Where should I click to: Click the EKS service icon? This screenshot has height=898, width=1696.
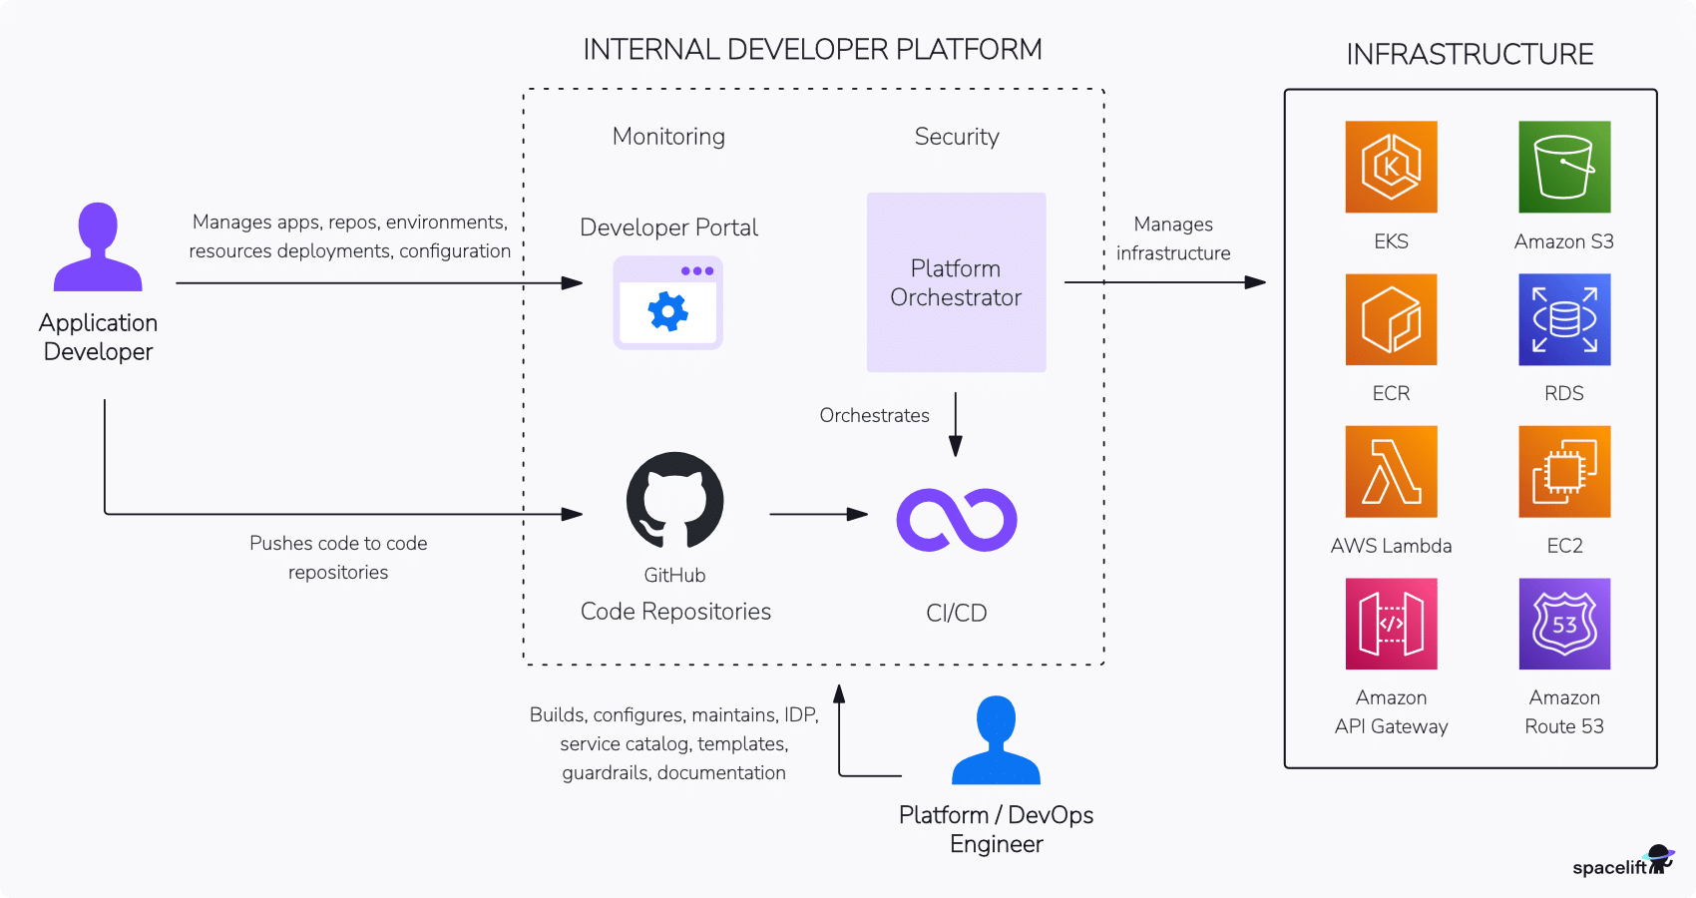point(1391,167)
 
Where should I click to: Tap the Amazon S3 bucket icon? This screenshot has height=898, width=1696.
point(1564,167)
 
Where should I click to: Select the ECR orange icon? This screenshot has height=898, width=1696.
point(1391,319)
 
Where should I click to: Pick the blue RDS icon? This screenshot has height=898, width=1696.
point(1564,319)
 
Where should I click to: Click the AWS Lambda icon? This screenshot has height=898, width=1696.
point(1391,471)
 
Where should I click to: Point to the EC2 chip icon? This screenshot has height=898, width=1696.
point(1564,471)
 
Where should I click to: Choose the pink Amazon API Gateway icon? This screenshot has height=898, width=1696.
point(1391,624)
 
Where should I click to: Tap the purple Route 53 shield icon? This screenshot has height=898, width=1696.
point(1564,624)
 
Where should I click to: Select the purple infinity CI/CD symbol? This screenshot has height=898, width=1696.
point(956,520)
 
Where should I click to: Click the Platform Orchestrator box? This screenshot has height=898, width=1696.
point(956,282)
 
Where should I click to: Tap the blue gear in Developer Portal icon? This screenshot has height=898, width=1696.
point(667,312)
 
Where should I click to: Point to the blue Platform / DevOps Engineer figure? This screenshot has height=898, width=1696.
point(996,740)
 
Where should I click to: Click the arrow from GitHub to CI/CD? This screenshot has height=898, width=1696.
point(818,514)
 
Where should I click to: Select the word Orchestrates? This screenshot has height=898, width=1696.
point(874,415)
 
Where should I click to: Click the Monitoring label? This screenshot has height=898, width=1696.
point(668,137)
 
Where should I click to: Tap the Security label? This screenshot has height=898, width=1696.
point(957,137)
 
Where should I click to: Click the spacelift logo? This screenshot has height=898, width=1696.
point(1622,863)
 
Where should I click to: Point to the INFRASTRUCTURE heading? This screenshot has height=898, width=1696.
point(1470,54)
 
